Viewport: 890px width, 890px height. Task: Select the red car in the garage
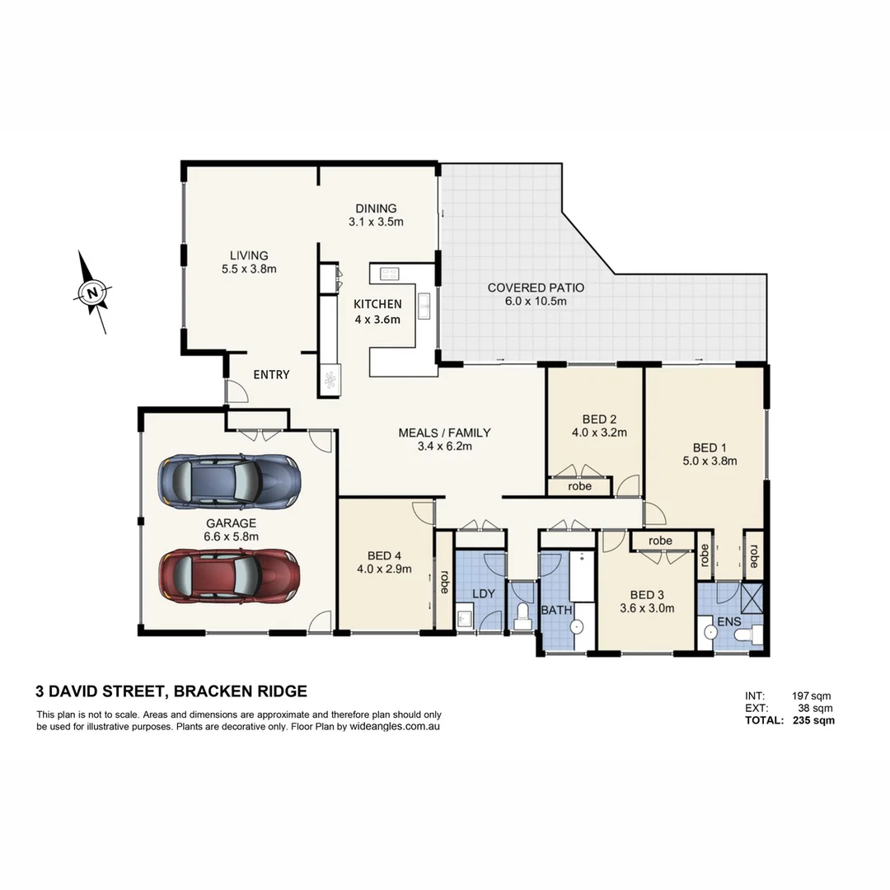[229, 574]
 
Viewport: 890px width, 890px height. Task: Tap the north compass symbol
[93, 292]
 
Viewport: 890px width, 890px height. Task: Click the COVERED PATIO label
[536, 288]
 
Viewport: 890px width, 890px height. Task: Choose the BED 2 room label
[599, 419]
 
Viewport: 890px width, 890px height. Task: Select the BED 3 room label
[647, 595]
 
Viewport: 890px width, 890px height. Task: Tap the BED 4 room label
[384, 555]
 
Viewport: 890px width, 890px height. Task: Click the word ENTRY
[271, 375]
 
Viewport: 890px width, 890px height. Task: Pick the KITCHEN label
[377, 304]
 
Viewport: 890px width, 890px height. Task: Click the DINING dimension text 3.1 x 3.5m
[376, 222]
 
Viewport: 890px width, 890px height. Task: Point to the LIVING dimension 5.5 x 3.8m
[249, 269]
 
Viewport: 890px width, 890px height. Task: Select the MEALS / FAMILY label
[444, 433]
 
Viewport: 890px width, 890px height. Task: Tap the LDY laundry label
[482, 593]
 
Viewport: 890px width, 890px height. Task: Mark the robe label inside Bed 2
[580, 486]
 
